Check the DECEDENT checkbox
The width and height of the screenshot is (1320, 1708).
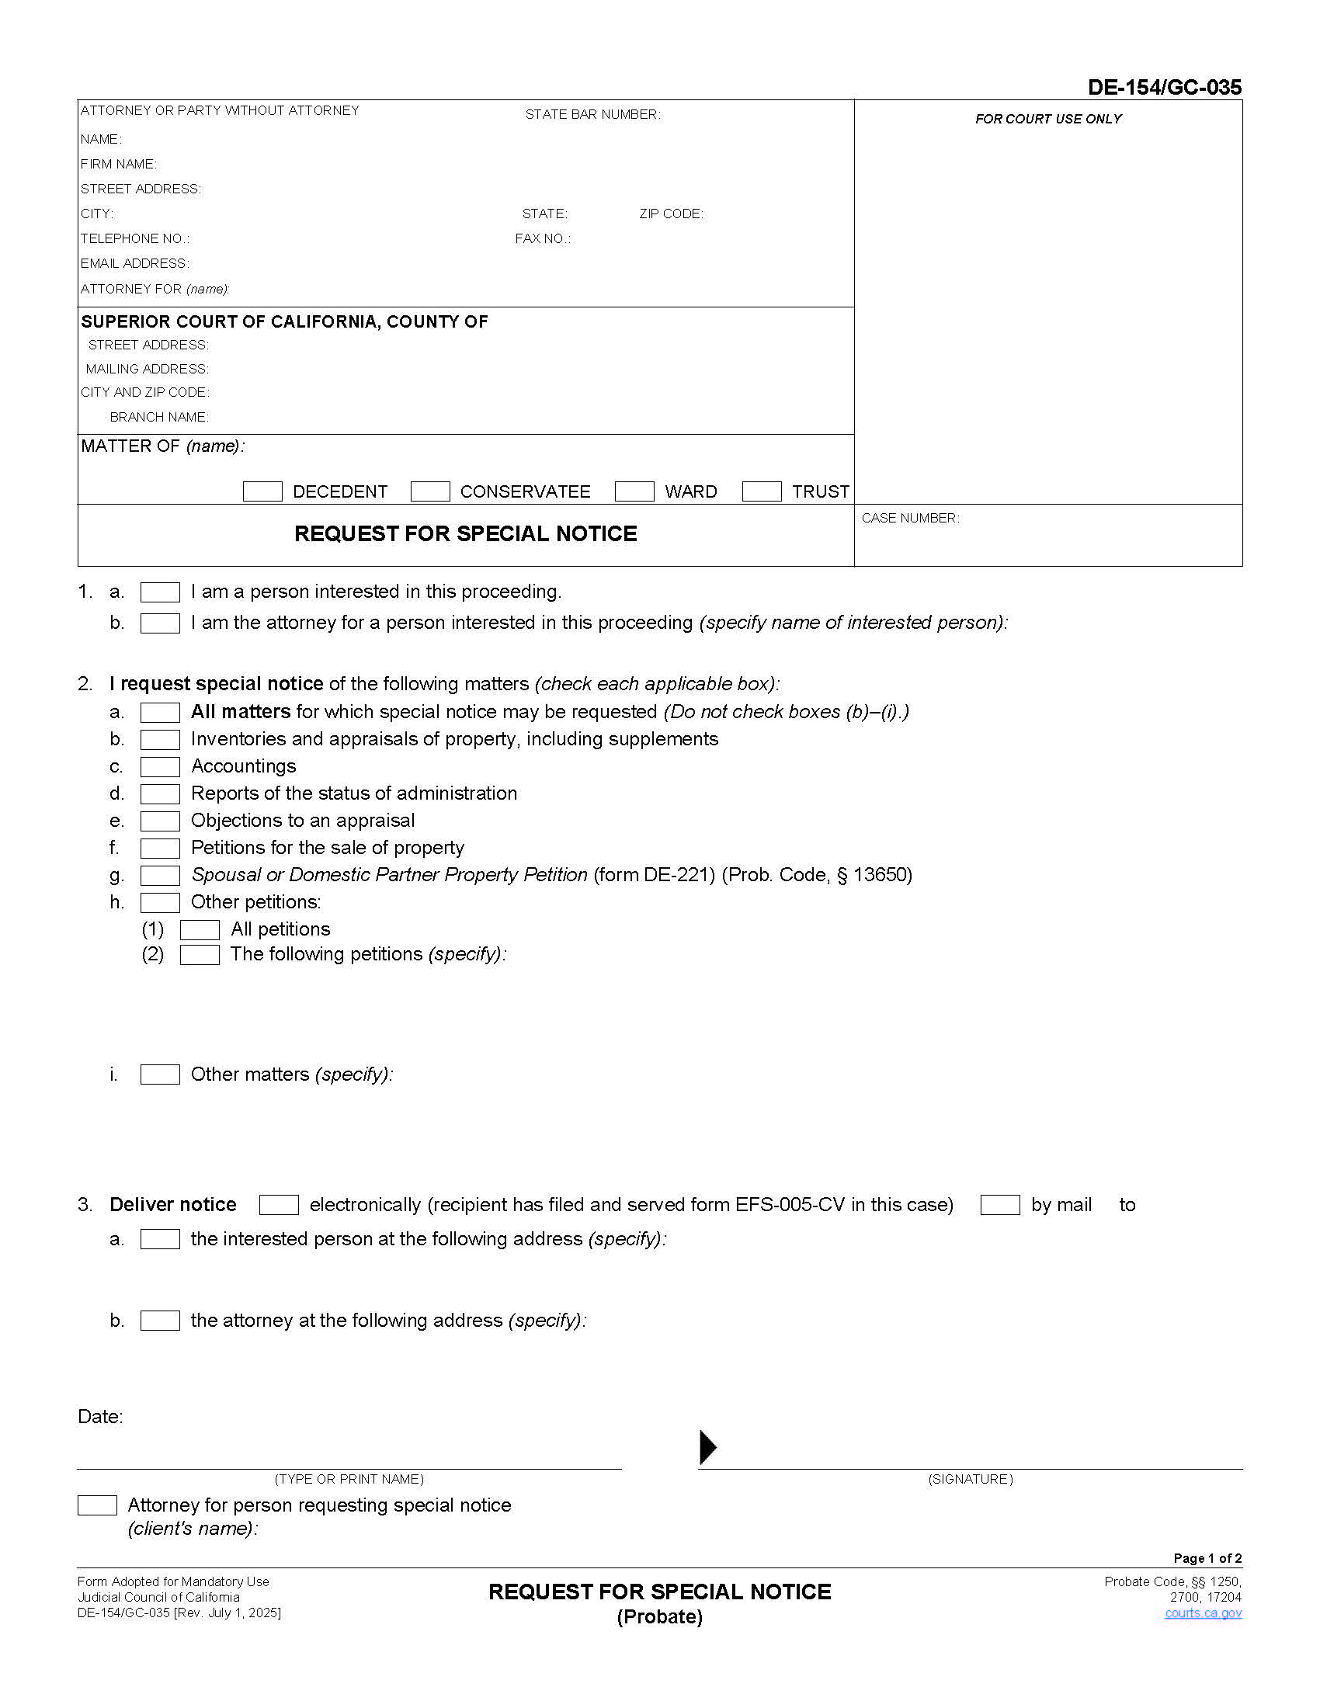(x=262, y=491)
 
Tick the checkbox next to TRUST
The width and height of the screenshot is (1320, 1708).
(x=761, y=491)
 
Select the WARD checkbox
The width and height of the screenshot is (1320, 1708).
(x=634, y=491)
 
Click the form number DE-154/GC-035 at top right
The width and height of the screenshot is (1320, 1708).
(x=1164, y=87)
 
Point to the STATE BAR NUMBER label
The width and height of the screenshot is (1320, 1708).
(x=592, y=114)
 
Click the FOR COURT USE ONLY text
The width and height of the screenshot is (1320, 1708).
(x=1048, y=119)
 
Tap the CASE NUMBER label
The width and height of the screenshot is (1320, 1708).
(x=909, y=518)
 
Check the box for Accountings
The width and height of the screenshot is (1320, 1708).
(x=159, y=766)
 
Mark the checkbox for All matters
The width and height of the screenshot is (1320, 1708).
(x=159, y=712)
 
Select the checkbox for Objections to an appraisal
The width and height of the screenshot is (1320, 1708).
(x=159, y=821)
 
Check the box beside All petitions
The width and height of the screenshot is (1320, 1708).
(x=200, y=929)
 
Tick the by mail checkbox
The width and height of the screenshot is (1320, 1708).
(x=999, y=1204)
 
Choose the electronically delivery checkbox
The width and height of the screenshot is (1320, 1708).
(x=279, y=1204)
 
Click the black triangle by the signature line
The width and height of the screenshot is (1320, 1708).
(x=707, y=1447)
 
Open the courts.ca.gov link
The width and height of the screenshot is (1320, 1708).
(x=1203, y=1613)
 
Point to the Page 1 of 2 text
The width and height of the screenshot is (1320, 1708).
(x=1207, y=1558)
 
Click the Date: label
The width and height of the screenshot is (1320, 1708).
(x=100, y=1416)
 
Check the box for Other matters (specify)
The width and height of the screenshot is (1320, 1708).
(x=159, y=1074)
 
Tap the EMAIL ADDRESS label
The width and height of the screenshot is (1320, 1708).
(x=134, y=263)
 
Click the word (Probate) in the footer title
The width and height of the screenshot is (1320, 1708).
(x=659, y=1616)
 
